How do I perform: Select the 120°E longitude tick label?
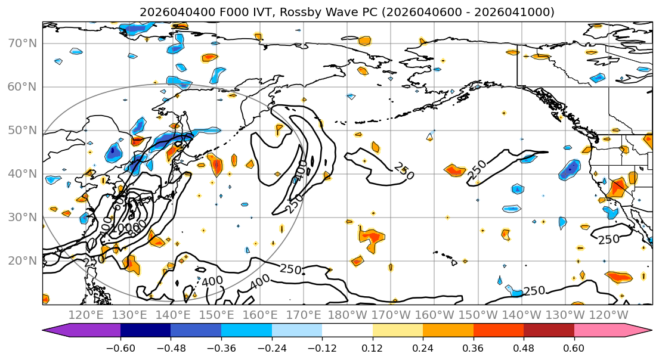pyautogui.click(x=86, y=315)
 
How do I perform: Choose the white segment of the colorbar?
pyautogui.click(x=347, y=331)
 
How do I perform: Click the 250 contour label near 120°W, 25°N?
pyautogui.click(x=609, y=239)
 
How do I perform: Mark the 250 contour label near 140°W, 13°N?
pyautogui.click(x=534, y=291)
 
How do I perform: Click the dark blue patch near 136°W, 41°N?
pyautogui.click(x=570, y=169)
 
